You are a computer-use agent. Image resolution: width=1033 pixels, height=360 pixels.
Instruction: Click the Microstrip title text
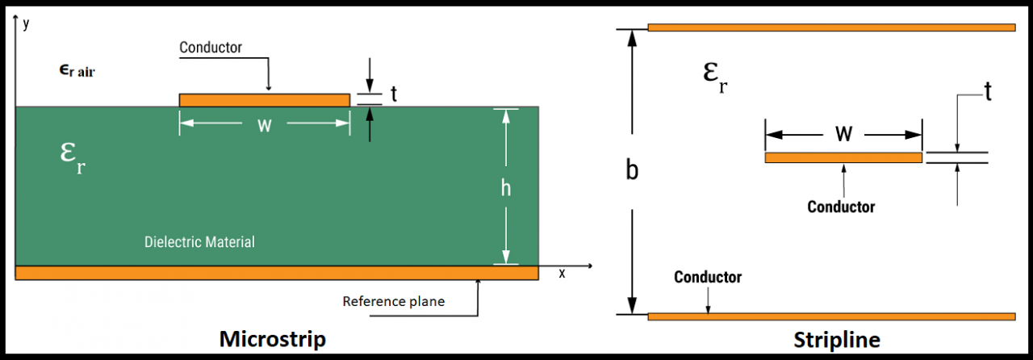coord(273,339)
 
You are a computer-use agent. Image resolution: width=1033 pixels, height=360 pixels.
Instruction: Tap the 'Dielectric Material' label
coord(199,241)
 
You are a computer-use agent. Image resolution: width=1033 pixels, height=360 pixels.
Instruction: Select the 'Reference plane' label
coord(394,301)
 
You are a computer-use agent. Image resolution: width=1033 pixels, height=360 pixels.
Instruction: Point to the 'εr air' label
coord(82,71)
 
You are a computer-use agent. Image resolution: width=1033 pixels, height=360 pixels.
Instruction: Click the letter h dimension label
coord(506,187)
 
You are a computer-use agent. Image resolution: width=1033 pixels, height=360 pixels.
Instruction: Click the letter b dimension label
coord(634,170)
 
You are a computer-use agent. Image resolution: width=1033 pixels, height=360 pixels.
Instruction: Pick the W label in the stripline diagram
coord(844,134)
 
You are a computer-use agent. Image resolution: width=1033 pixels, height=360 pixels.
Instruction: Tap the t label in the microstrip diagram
coord(394,94)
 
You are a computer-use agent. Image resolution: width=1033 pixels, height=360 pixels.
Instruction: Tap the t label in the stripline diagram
coord(987,91)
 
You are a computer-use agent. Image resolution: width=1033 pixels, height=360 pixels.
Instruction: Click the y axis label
coord(27,23)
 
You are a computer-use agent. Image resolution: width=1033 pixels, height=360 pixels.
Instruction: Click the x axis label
coord(562,273)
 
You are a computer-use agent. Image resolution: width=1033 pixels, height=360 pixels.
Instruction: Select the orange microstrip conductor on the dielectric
coord(264,100)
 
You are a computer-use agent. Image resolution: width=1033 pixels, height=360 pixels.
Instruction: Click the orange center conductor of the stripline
coord(843,157)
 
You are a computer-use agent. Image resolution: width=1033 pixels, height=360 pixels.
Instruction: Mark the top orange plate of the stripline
coord(831,27)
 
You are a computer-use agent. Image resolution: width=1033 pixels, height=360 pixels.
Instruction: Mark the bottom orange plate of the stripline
coord(831,316)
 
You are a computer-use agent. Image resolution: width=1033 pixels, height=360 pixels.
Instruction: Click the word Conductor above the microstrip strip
coord(211,48)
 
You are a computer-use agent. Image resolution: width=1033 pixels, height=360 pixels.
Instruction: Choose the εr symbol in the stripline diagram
coord(715,77)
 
